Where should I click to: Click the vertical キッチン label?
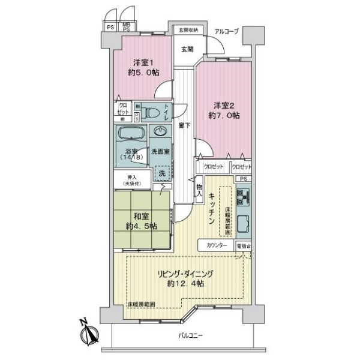[212, 210]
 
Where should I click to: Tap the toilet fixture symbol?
[158, 112]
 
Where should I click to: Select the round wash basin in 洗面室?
[161, 133]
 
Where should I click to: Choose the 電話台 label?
[244, 246]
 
